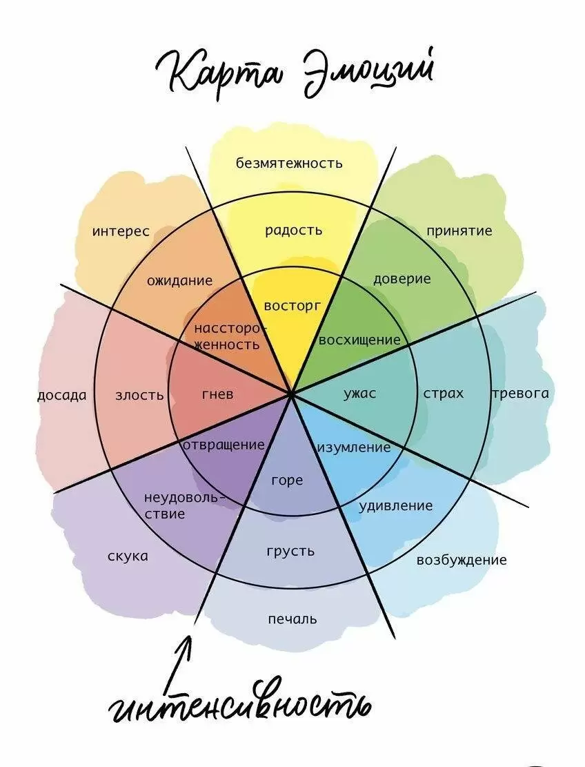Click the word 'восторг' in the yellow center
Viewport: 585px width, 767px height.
(x=293, y=305)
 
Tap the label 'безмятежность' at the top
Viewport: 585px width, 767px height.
(x=289, y=163)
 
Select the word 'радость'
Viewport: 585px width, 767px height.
(x=293, y=231)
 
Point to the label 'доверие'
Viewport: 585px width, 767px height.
(x=401, y=279)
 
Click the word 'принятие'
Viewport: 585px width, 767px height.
(x=459, y=231)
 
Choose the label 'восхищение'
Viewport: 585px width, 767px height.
(x=359, y=340)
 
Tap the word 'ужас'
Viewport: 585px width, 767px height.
(x=360, y=394)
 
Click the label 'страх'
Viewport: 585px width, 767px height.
(x=443, y=394)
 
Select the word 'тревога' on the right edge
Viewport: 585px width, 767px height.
(x=520, y=394)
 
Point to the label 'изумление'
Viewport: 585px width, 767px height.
(x=354, y=447)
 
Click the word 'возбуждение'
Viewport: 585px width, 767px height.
(x=461, y=560)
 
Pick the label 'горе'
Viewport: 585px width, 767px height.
(x=287, y=480)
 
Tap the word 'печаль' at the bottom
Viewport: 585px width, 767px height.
(x=292, y=619)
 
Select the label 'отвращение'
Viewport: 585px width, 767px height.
(x=224, y=445)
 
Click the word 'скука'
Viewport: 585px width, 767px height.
(x=128, y=556)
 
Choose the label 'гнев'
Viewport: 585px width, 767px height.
(x=217, y=395)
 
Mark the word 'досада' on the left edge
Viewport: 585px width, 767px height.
(x=62, y=396)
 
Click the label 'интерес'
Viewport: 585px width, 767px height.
(x=121, y=231)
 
